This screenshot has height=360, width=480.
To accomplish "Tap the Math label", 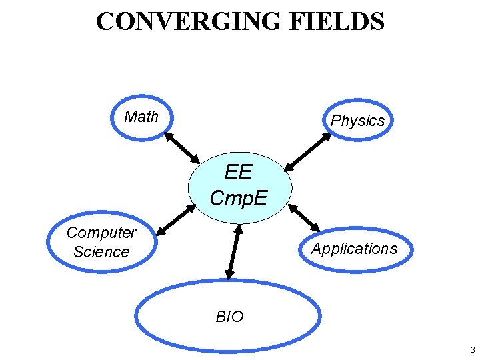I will pos(141,117).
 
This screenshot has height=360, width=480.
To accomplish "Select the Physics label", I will pos(358,121).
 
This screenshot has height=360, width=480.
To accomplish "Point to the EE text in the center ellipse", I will pos(239,173).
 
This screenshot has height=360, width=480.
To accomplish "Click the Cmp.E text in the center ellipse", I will pos(239,197).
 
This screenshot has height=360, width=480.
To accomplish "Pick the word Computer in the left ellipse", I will pos(101,233).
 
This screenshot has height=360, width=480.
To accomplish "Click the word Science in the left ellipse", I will pos(101,252).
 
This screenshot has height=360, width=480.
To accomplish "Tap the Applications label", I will pos(355,249).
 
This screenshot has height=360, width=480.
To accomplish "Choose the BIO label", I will pos(230,317).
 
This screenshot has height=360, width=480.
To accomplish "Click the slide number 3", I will pos(472,350).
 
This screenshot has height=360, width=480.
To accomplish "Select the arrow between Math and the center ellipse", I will pos(182,147).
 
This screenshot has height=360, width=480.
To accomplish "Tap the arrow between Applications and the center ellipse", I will pos(304,217).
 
